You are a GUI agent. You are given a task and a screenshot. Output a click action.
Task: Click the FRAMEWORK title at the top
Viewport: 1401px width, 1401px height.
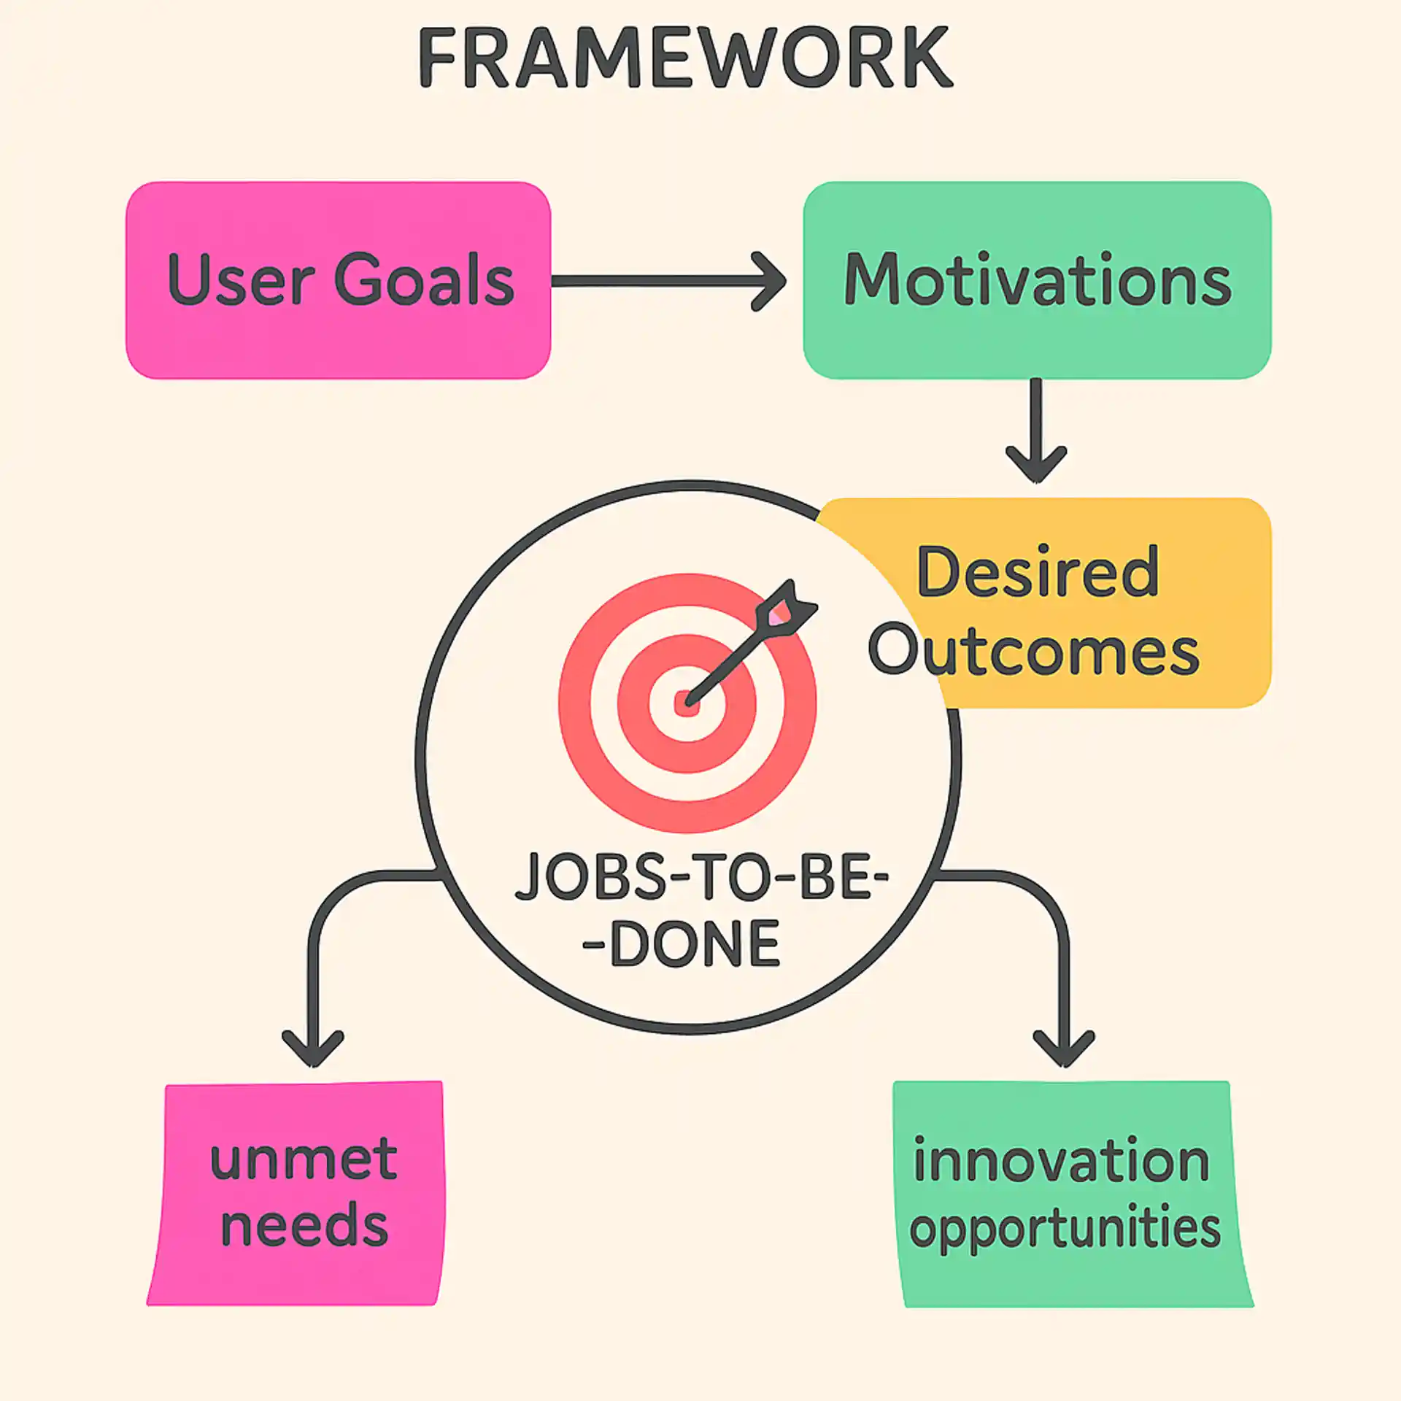tap(685, 58)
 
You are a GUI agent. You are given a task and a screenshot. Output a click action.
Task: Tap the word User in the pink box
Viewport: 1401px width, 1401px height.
tap(241, 280)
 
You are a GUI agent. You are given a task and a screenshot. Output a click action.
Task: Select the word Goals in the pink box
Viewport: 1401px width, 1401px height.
tap(424, 280)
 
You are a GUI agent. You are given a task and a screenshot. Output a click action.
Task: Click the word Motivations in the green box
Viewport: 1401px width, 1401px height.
tap(1037, 280)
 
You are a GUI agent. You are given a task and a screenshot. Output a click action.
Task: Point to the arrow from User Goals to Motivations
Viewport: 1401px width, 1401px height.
tap(657, 282)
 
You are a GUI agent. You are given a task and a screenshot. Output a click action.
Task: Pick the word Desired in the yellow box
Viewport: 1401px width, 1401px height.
tap(1037, 572)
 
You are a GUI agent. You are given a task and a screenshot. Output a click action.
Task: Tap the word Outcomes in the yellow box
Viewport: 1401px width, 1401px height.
tap(1034, 651)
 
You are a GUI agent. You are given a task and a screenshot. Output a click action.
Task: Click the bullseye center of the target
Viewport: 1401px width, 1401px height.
tap(687, 704)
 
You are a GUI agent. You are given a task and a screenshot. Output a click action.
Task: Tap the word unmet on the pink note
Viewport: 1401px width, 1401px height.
tap(304, 1160)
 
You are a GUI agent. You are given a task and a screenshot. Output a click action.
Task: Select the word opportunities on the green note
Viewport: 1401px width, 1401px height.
tap(1065, 1229)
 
